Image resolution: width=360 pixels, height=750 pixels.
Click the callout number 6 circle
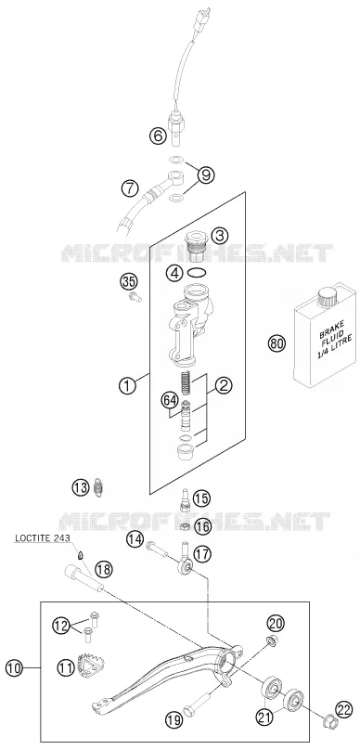(158, 136)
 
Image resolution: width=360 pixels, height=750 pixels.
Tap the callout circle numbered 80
(276, 343)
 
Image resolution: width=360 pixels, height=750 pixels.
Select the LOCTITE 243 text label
(42, 537)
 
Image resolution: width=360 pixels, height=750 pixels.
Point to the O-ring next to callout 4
(198, 273)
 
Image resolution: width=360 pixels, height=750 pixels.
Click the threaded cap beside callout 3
(195, 246)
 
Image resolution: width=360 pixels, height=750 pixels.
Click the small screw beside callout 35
(135, 299)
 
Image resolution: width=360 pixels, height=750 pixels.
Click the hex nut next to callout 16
(183, 526)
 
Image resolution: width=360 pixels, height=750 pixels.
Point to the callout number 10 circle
(15, 667)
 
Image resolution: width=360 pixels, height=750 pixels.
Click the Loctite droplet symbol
(81, 555)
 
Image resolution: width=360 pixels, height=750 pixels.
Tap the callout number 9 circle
(205, 175)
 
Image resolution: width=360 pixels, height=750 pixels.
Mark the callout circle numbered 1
(127, 386)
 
